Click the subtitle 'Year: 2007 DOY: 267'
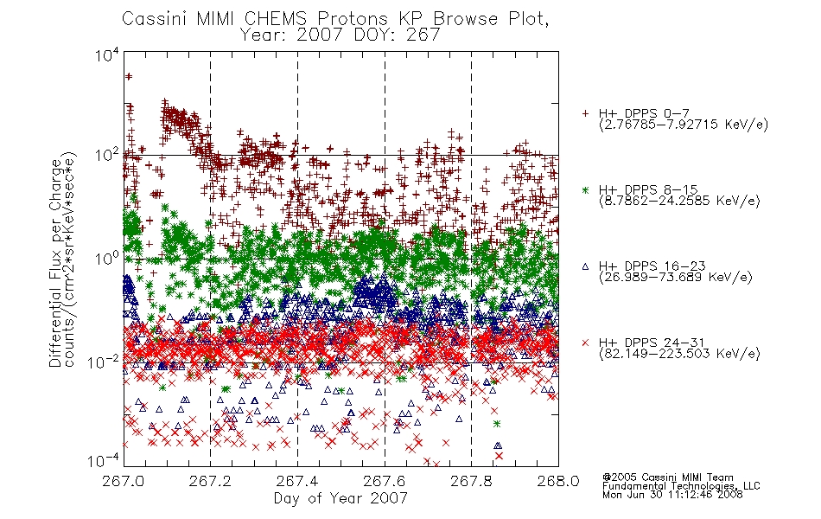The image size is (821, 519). pos(340,35)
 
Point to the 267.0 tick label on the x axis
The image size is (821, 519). pos(124,481)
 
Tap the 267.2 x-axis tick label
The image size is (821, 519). pos(211,481)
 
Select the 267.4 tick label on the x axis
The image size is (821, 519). pos(297,481)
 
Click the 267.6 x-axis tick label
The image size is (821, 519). pos(385,481)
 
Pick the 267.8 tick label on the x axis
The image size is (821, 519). pos(471,481)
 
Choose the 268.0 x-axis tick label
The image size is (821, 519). pos(558,481)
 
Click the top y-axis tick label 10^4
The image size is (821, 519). pos(107,54)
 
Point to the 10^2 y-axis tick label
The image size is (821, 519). pos(107,155)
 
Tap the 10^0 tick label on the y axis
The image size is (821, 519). pos(107,259)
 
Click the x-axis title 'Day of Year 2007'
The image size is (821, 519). pos(340,498)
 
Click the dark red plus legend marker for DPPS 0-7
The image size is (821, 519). pos(585,113)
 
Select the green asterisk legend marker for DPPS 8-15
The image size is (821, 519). pos(585,189)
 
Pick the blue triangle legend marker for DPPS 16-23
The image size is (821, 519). pos(585,266)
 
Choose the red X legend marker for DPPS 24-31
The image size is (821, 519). pos(585,343)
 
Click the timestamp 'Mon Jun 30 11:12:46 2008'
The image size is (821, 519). pos(672,495)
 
